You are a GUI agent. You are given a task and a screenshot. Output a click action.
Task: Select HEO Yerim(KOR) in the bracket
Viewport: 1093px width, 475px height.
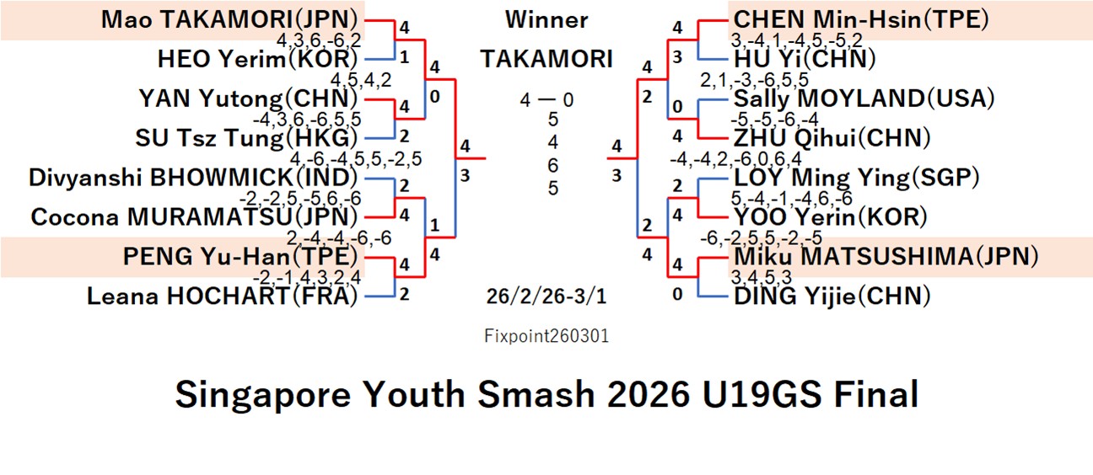[x=258, y=59]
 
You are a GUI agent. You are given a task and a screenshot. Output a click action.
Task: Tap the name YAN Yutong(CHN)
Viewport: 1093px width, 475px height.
[x=249, y=99]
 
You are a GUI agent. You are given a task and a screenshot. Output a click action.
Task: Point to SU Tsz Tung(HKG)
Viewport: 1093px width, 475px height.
[x=247, y=137]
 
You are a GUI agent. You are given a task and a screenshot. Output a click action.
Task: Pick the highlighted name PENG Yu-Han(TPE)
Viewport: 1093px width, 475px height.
[x=240, y=256]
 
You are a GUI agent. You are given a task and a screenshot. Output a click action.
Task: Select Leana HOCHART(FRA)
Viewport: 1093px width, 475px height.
[x=223, y=296]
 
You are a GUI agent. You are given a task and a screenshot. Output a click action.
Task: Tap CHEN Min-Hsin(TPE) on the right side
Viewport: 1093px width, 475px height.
[x=860, y=19]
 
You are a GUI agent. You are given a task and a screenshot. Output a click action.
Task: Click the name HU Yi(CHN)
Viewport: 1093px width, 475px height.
[x=805, y=59]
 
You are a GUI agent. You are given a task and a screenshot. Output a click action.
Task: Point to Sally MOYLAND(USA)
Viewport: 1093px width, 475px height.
[x=864, y=99]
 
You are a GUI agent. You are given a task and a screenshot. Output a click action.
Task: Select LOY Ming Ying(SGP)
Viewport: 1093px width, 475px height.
[x=856, y=178]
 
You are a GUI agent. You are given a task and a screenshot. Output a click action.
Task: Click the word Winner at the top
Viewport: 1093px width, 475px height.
[x=546, y=19]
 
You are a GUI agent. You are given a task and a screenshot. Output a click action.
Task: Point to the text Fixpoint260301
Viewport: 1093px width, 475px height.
[x=546, y=336]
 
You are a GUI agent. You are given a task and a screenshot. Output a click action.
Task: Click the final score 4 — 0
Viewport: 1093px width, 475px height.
[x=546, y=100]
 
